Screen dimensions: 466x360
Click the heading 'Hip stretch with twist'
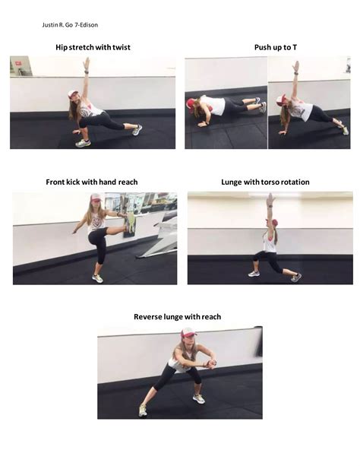click(x=93, y=47)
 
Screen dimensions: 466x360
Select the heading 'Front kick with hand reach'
click(x=92, y=182)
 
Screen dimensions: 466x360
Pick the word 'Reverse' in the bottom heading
click(x=149, y=316)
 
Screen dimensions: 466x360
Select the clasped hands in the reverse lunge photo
click(x=210, y=362)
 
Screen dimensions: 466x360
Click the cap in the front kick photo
click(x=95, y=198)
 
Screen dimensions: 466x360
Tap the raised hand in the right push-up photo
click(x=295, y=65)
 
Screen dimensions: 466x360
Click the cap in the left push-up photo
click(x=192, y=103)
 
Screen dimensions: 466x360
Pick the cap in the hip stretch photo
click(x=73, y=94)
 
